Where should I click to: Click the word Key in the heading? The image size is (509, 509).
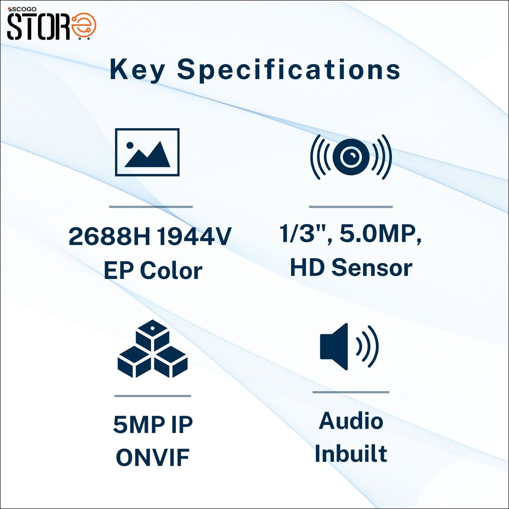click(137, 70)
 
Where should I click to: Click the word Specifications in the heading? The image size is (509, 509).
click(288, 70)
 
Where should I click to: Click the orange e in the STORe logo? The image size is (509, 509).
click(84, 26)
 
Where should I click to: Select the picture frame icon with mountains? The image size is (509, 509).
click(147, 152)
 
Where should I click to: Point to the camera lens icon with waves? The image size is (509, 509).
click(351, 157)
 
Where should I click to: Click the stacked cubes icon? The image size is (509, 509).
click(153, 349)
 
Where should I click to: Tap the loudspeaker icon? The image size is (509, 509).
click(349, 347)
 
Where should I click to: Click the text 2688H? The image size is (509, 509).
click(109, 236)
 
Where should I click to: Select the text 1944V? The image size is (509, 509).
click(194, 236)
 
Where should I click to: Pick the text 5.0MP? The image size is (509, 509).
click(380, 234)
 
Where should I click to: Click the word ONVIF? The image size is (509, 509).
click(153, 458)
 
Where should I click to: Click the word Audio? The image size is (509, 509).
click(351, 421)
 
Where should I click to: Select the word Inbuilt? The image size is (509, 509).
click(351, 453)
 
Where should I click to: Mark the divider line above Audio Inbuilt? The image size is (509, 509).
click(351, 392)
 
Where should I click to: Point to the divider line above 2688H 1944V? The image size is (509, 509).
click(151, 207)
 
